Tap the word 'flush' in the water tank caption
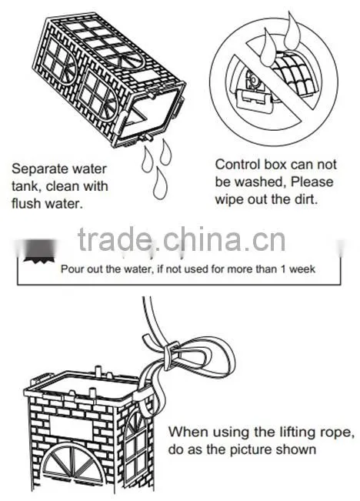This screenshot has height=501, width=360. click(26, 203)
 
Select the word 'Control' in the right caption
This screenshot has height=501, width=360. click(238, 165)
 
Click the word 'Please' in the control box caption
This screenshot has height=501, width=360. click(312, 182)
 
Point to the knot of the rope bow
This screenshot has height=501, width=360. click(172, 356)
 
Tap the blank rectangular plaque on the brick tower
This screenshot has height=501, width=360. click(71, 427)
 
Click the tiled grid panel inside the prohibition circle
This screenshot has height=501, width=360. click(296, 74)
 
